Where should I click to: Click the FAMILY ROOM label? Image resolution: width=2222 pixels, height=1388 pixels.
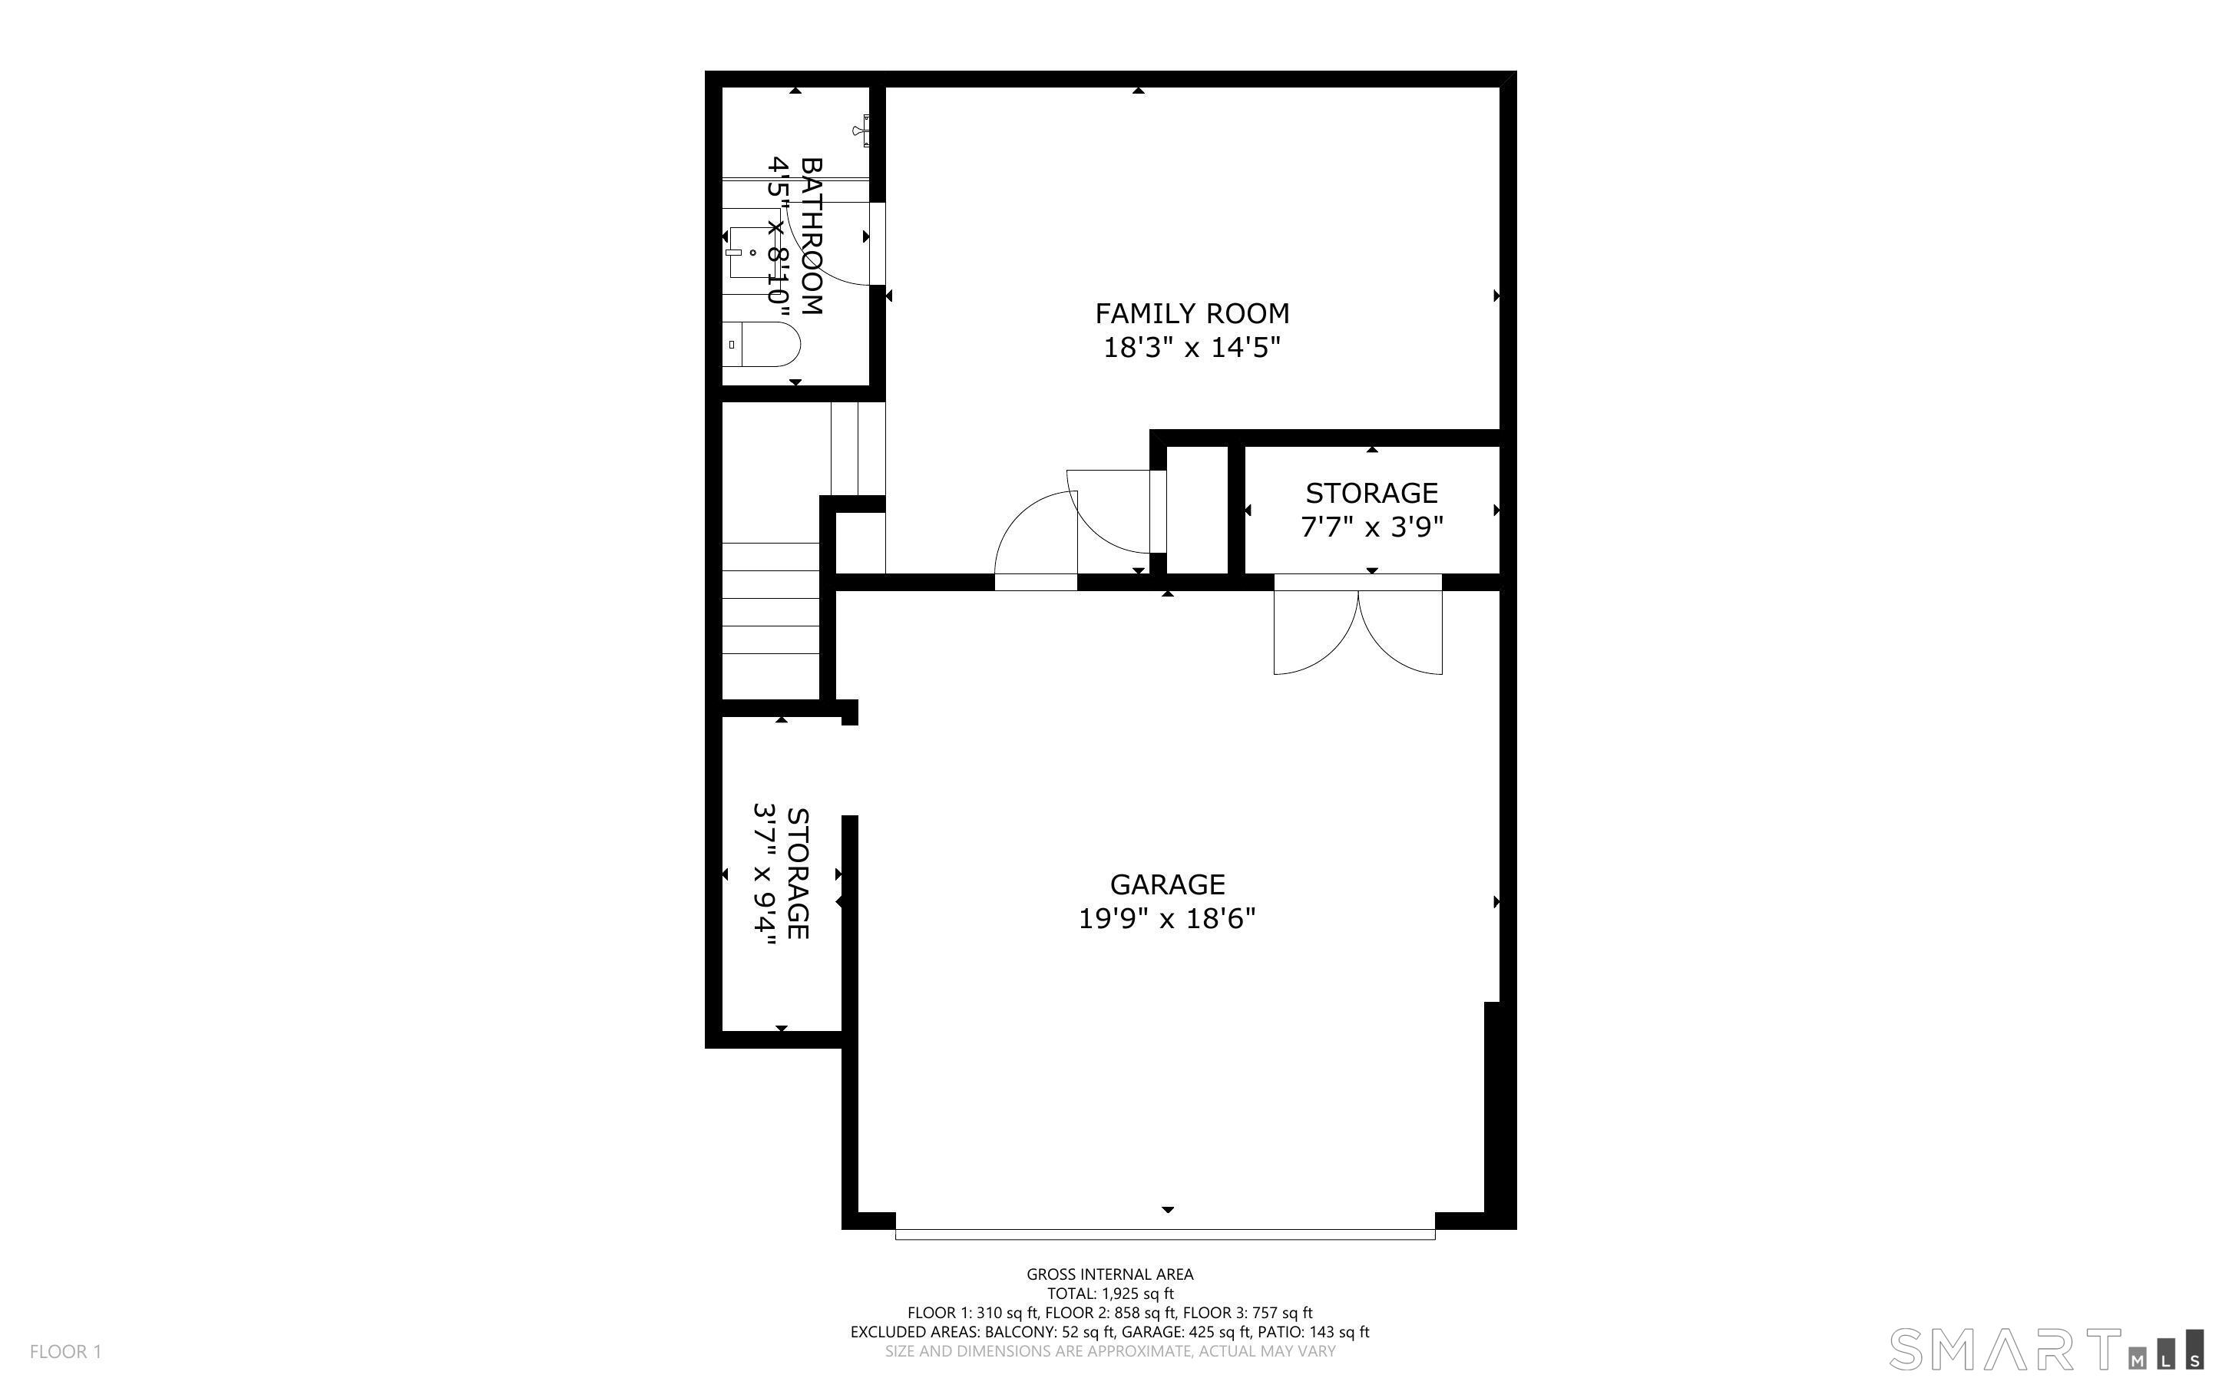click(1192, 314)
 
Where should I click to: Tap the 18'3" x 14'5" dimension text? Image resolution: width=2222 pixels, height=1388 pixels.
click(1192, 348)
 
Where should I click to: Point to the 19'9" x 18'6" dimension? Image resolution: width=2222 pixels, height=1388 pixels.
click(1166, 919)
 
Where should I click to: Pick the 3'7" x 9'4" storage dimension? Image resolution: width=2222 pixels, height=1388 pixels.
click(765, 873)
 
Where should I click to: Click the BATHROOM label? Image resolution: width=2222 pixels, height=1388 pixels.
click(812, 236)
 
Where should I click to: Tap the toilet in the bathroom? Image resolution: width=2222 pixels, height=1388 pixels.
click(761, 344)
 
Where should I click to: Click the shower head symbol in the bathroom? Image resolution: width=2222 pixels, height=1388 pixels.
click(863, 131)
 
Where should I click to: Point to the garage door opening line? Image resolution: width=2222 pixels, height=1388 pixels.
click(1165, 1234)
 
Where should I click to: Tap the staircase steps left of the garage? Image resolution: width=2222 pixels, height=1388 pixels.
click(770, 599)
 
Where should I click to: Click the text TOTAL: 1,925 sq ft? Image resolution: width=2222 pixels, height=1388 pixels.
click(1110, 1294)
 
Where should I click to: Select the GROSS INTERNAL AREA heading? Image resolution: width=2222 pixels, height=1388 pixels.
click(1109, 1274)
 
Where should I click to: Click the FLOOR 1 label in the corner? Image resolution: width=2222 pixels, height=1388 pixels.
click(66, 1351)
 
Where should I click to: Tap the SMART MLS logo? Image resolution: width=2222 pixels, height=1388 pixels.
click(2045, 1350)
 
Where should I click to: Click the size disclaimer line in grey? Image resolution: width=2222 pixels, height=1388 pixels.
click(1110, 1351)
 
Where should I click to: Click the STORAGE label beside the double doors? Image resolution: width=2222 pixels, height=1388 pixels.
click(1372, 494)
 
